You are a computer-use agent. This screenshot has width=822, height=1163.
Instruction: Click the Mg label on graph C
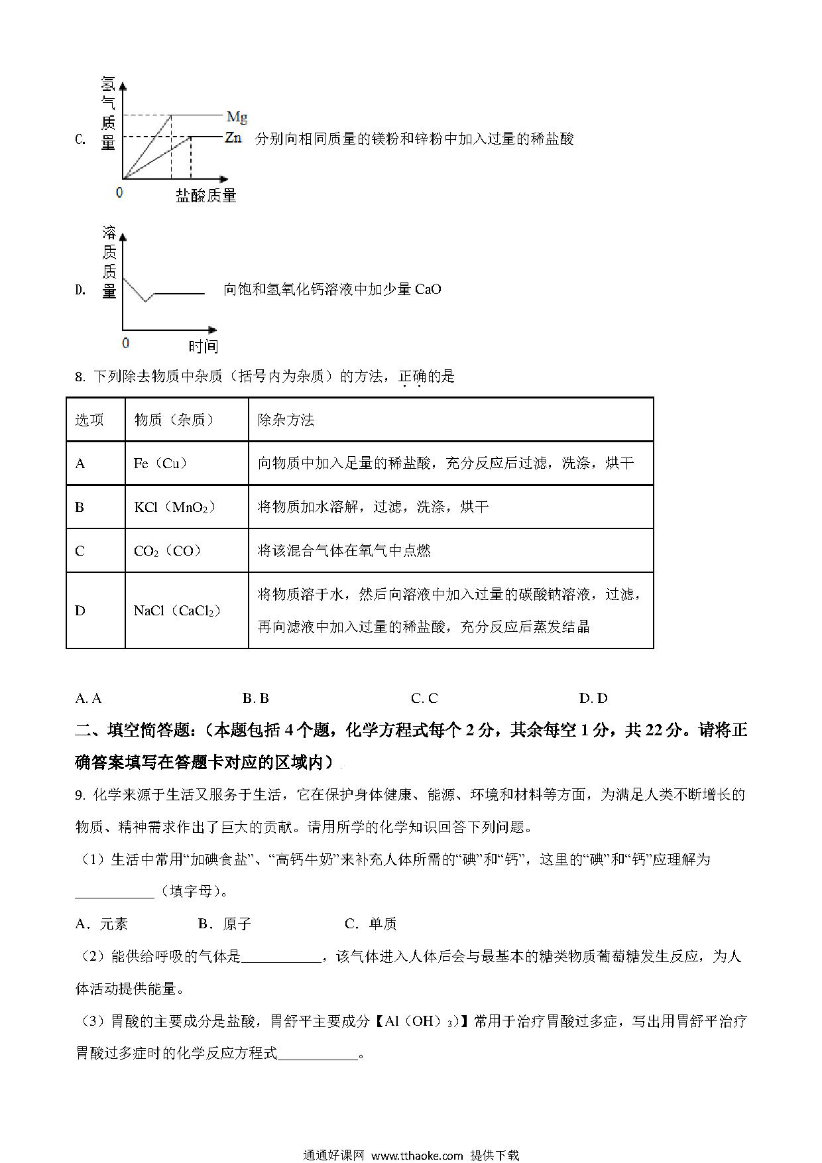237,117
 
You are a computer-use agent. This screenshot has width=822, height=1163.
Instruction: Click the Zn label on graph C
233,138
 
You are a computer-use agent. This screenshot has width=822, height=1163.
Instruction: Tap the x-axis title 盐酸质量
206,196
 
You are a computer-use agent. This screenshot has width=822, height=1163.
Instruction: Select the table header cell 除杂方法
286,420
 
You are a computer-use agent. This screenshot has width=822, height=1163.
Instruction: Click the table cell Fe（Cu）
161,463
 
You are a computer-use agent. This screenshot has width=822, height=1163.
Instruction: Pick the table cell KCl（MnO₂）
175,507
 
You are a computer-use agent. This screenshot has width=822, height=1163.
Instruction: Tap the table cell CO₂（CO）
168,551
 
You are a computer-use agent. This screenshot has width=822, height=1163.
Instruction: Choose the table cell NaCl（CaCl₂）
178,611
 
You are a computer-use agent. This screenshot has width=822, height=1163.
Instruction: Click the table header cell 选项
89,420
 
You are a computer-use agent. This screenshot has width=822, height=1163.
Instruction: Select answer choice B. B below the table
256,698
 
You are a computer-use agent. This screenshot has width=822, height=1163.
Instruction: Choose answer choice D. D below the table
593,698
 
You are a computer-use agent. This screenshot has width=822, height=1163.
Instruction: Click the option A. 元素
102,924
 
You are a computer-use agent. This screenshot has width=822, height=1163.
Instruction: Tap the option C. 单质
371,924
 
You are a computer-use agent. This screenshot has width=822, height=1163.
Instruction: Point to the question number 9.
80,795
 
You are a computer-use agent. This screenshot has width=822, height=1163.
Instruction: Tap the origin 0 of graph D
126,343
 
